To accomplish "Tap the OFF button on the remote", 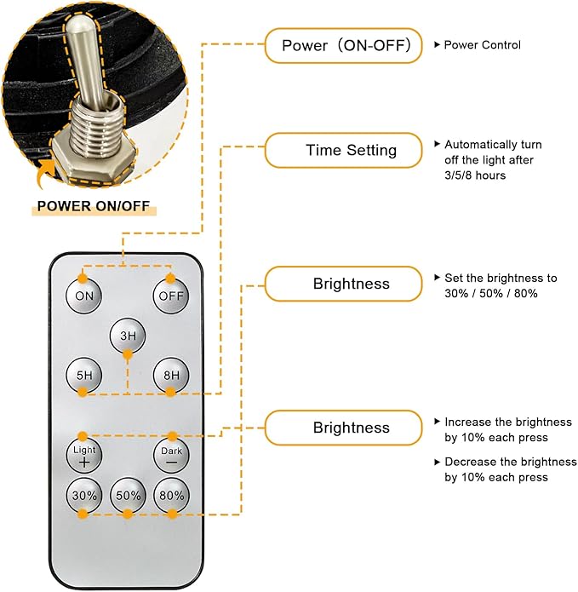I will click(x=170, y=296).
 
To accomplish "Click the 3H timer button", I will click(x=128, y=335).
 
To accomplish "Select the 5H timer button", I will click(x=84, y=375).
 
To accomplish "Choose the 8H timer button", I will click(x=171, y=375).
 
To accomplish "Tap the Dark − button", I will click(x=171, y=456).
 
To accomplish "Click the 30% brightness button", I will click(x=83, y=496).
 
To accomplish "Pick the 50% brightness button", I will click(x=128, y=496).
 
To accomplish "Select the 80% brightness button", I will click(x=171, y=496).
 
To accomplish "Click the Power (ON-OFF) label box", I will click(x=343, y=45).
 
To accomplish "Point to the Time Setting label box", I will click(x=343, y=151).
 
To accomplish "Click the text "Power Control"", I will click(x=482, y=45).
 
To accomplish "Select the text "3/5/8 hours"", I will click(x=475, y=175).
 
